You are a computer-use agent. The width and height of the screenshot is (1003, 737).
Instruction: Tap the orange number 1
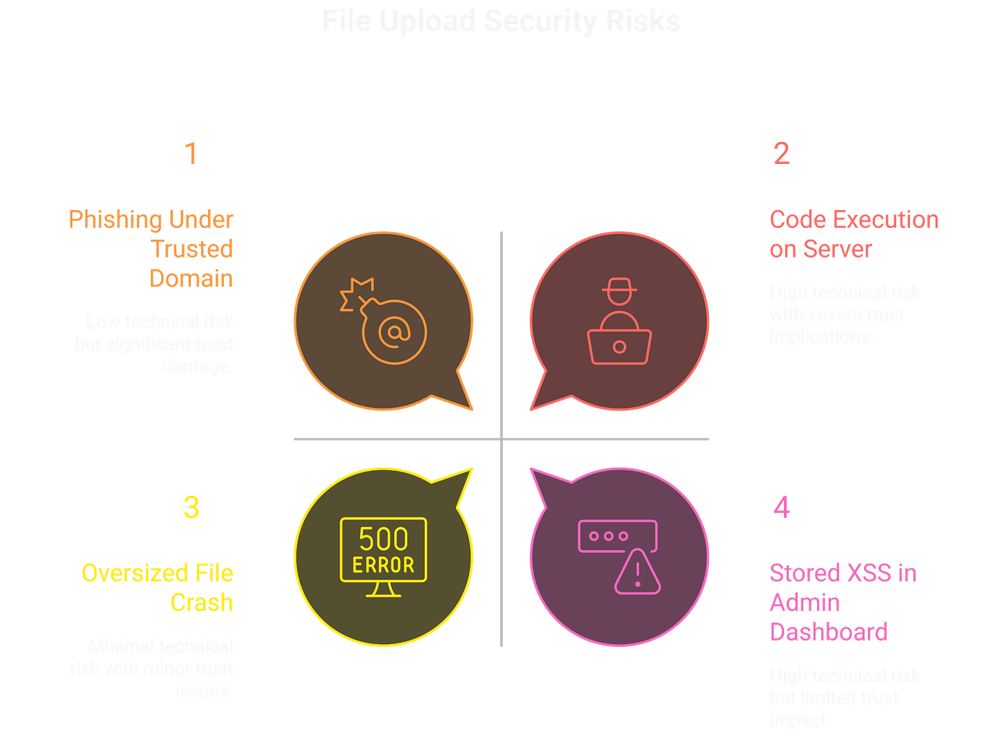[190, 153]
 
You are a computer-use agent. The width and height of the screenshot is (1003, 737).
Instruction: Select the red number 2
[781, 153]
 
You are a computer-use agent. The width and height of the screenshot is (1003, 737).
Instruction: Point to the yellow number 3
[191, 508]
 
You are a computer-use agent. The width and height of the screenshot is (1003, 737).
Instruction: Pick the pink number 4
[781, 508]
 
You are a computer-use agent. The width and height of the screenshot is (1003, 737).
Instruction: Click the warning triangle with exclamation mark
[637, 572]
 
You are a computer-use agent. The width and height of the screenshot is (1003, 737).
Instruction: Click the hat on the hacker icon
[619, 286]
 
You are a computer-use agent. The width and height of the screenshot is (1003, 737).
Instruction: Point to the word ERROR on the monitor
[384, 565]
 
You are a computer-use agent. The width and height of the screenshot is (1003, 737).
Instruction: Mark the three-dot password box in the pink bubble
[617, 536]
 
